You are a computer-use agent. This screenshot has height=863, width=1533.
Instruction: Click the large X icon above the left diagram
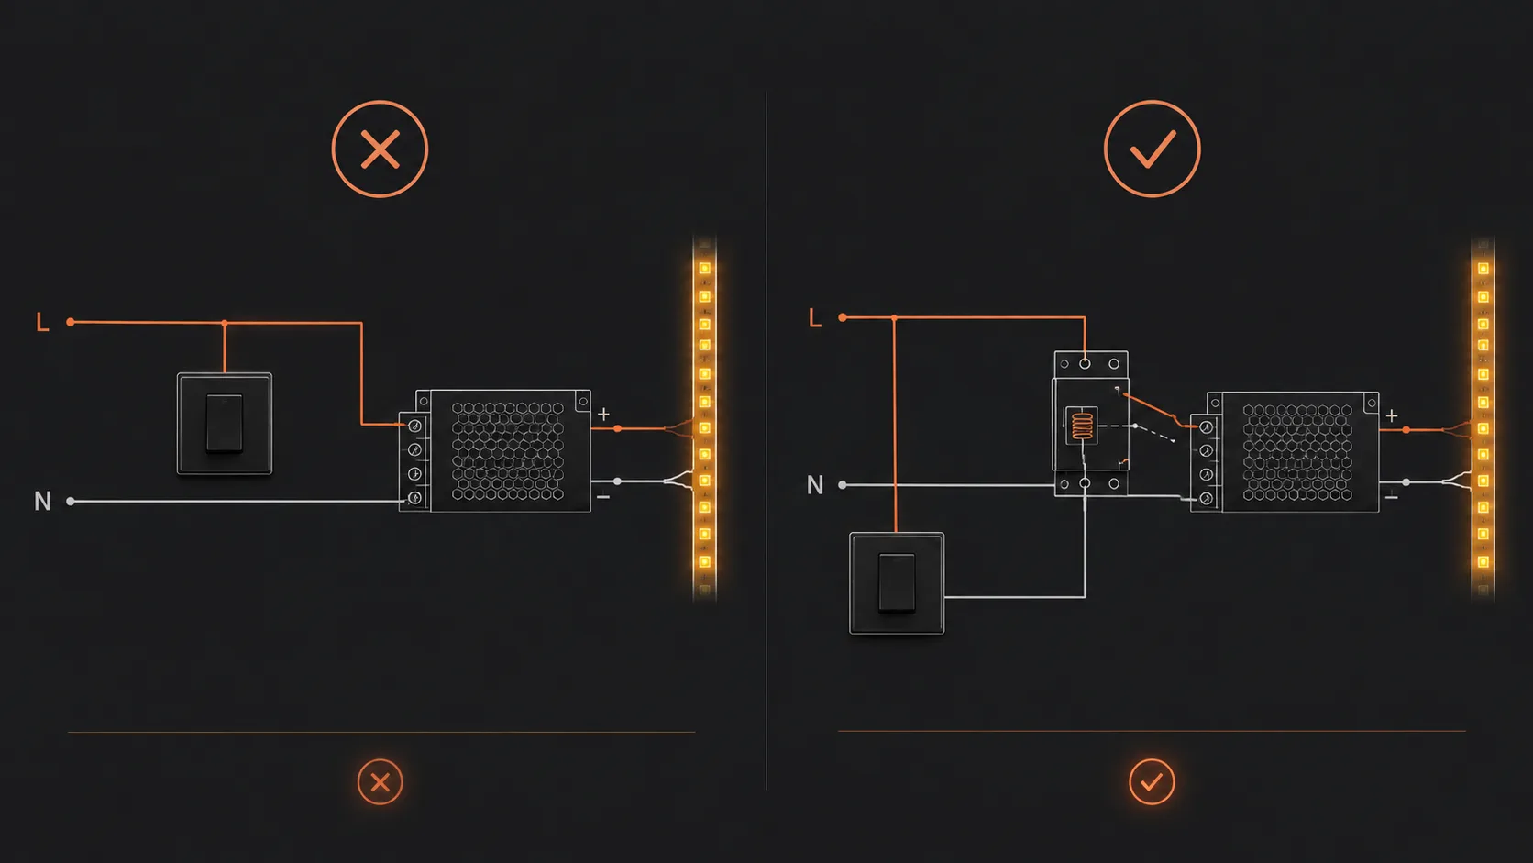coord(380,149)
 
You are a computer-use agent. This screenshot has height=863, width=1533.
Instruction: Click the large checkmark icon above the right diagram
coord(1152,149)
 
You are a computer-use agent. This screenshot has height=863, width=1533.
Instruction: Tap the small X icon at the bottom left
coord(380,781)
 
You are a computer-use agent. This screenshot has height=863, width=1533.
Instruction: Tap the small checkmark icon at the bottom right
coord(1152,781)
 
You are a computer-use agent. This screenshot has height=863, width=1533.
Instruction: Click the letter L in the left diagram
coord(42,322)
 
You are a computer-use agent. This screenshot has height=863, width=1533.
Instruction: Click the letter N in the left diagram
coord(42,502)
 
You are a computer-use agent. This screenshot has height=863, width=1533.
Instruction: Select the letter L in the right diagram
coord(814,317)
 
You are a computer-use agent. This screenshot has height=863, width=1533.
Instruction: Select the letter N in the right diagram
coord(814,485)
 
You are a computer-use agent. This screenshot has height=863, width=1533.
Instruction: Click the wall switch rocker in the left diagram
coord(225,423)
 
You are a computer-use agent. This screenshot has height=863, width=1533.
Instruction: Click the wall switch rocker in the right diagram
coord(897,582)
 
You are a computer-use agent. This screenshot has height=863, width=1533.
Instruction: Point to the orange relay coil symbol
coord(1081,425)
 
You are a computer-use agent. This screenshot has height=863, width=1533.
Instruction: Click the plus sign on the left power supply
coord(603,414)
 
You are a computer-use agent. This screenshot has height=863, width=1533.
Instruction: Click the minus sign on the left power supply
coord(603,497)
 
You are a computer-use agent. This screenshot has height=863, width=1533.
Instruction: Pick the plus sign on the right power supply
coord(1391,415)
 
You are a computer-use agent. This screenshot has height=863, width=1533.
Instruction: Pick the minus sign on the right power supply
coord(1391,498)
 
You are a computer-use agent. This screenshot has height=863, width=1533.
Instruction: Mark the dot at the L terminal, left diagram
coord(71,322)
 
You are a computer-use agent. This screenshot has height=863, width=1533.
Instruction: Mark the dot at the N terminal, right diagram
coord(843,485)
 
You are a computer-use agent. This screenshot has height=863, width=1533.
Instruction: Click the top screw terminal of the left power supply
coord(414,426)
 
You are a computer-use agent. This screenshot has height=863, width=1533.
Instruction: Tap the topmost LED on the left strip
coord(704,269)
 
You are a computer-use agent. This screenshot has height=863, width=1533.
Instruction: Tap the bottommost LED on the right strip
coord(1483,562)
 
